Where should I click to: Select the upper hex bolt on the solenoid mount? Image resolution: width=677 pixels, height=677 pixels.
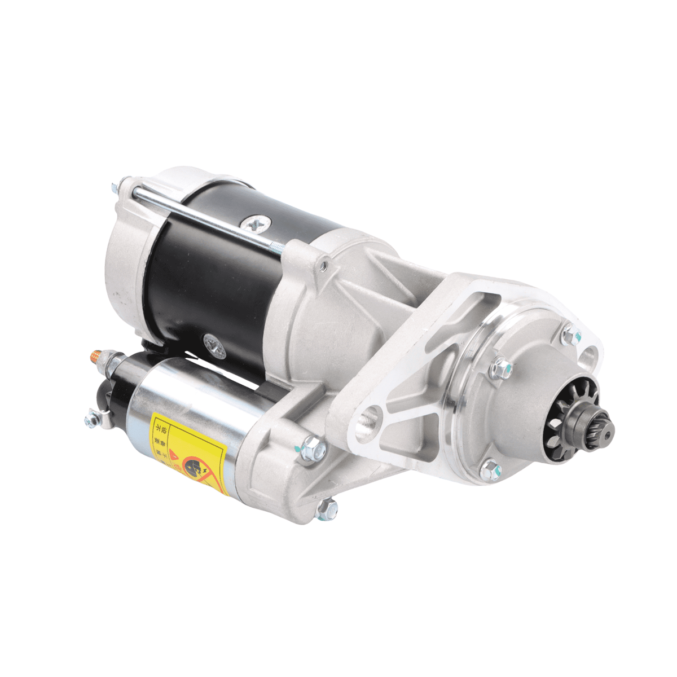[x=312, y=450]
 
